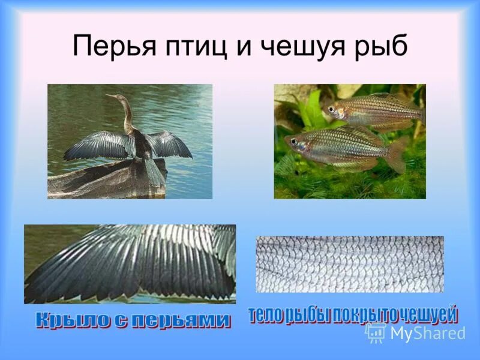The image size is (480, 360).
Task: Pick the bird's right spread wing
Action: point(170,145)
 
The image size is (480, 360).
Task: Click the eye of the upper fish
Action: point(331,109)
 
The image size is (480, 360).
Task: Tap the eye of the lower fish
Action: point(294,142)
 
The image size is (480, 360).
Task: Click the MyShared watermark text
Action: point(427,333)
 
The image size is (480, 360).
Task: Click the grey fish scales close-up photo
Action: point(350,264)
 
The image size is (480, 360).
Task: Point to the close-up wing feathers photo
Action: point(130,264)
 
